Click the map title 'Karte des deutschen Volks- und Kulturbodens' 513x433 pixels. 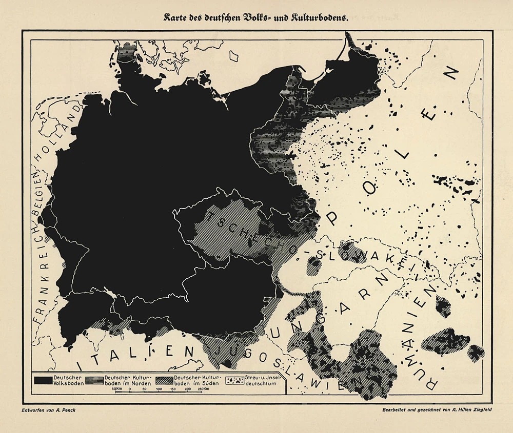click(x=256, y=17)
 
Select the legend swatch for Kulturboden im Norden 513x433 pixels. click(x=92, y=381)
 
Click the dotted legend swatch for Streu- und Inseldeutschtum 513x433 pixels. click(x=236, y=381)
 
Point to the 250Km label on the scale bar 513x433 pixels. click(x=203, y=389)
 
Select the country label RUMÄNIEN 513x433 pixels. click(x=424, y=338)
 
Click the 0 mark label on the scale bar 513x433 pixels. click(x=130, y=389)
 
